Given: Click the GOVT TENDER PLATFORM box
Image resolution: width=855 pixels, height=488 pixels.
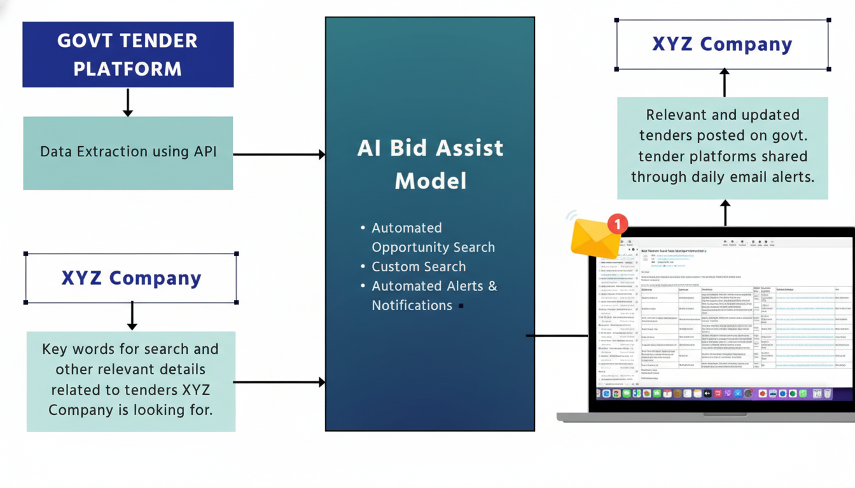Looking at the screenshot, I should pyautogui.click(x=128, y=55).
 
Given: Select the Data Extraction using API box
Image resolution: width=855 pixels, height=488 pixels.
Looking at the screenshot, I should pyautogui.click(x=128, y=152).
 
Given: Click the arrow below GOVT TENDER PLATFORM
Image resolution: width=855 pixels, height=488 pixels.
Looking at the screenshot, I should pyautogui.click(x=128, y=102).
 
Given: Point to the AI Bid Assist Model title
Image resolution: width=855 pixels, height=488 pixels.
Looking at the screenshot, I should pyautogui.click(x=430, y=164).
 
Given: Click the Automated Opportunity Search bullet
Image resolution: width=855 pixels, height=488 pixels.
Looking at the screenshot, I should pyautogui.click(x=433, y=237).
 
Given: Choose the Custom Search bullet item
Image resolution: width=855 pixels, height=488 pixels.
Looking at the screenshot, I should pyautogui.click(x=419, y=266).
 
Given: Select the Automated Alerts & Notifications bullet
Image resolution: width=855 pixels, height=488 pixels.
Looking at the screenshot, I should pyautogui.click(x=434, y=295).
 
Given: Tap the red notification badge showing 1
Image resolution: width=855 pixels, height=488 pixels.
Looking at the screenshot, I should pyautogui.click(x=617, y=224).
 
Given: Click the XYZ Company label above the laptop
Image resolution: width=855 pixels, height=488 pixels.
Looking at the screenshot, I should pyautogui.click(x=722, y=44).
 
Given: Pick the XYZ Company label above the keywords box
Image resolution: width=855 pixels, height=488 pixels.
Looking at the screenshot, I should pyautogui.click(x=131, y=278).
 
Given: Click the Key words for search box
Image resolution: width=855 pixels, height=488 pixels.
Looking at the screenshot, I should pyautogui.click(x=130, y=380).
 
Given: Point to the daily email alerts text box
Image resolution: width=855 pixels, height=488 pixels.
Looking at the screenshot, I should pyautogui.click(x=722, y=146).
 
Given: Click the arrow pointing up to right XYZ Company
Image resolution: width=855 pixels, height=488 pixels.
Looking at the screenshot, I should pyautogui.click(x=724, y=83).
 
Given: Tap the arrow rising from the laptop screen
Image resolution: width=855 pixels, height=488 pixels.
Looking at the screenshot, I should pyautogui.click(x=725, y=213).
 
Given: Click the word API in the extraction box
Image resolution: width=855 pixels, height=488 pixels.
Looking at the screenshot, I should pyautogui.click(x=205, y=152).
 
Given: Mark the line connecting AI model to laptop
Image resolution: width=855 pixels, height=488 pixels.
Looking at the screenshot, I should pyautogui.click(x=557, y=335).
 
